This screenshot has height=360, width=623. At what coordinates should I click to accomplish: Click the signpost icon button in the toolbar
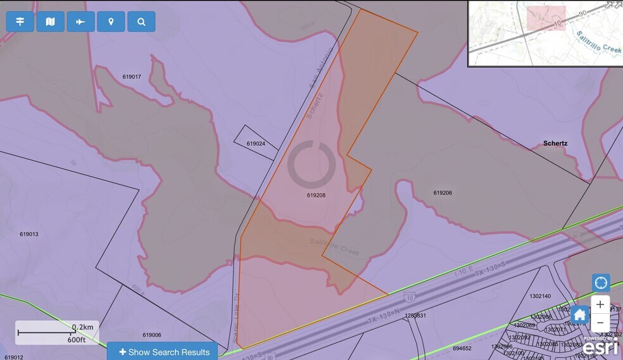[20, 22]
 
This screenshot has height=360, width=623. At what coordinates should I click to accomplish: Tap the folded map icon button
[50, 22]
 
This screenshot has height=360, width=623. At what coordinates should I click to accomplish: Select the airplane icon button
[80, 22]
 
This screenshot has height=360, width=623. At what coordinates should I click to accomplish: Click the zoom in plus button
[600, 304]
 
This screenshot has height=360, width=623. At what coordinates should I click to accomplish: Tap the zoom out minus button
[600, 322]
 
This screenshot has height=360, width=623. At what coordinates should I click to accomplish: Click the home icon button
[579, 314]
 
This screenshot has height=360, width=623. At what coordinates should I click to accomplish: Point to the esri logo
[599, 347]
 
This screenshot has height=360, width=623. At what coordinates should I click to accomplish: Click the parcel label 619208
[316, 196]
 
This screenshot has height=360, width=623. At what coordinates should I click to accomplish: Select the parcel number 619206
[443, 193]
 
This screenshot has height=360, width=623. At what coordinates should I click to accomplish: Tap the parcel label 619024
[256, 144]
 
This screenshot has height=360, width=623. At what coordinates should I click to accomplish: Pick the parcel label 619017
[132, 77]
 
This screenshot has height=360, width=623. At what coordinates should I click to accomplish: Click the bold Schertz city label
[555, 143]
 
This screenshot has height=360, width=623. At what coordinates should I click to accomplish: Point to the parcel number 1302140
[540, 295]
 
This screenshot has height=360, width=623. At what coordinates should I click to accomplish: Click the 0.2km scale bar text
[82, 327]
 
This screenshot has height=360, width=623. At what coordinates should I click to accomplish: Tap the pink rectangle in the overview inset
[546, 18]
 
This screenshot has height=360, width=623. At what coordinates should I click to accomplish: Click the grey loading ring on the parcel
[311, 164]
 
